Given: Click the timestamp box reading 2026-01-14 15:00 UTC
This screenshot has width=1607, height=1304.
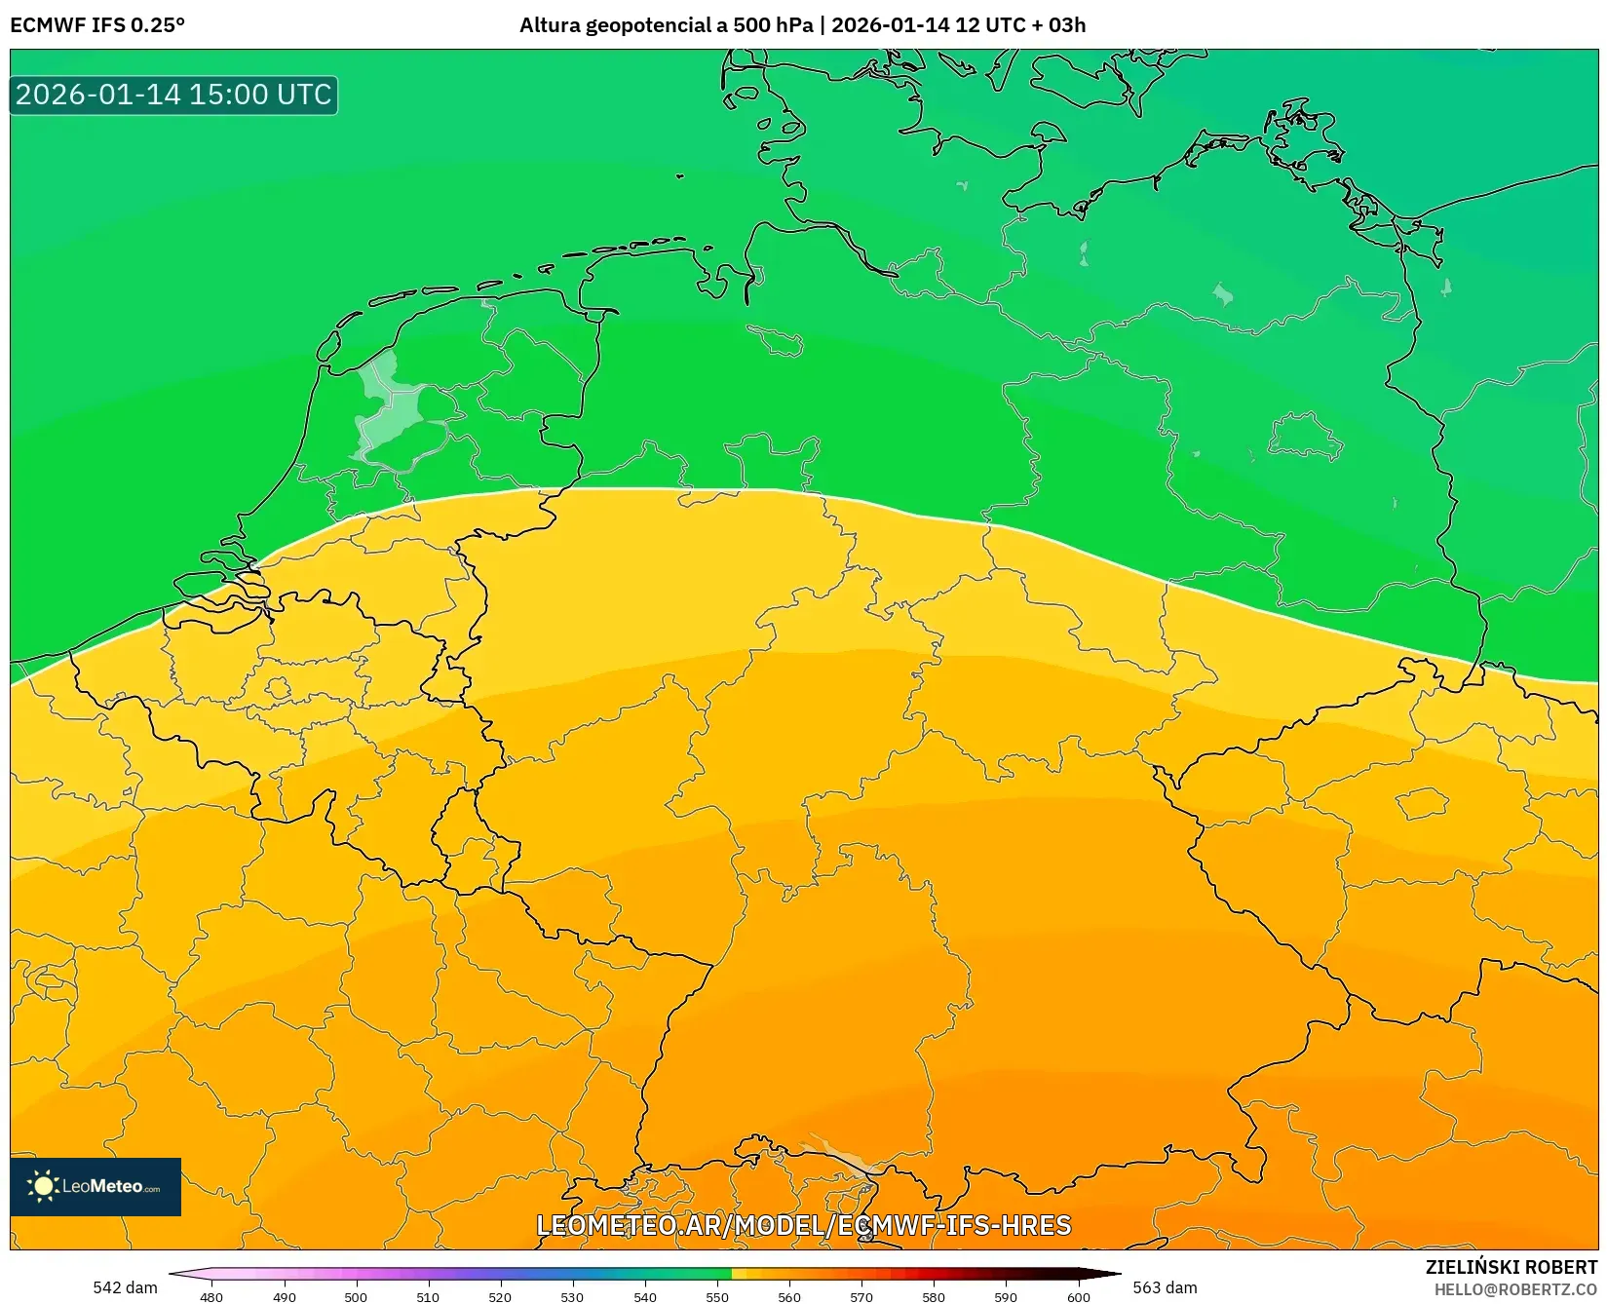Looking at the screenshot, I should [173, 95].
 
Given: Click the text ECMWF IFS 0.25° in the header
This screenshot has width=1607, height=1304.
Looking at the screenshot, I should [96, 25].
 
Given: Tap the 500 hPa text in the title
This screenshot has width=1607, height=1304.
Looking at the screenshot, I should [773, 25].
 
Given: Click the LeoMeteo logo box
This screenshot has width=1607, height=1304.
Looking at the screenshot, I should [96, 1186].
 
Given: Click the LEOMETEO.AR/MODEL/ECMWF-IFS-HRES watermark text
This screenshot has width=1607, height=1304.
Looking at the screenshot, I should [803, 1225].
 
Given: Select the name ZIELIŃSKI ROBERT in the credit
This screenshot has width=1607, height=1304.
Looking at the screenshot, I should [1511, 1267].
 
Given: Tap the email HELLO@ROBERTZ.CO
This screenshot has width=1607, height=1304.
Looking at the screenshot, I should [1515, 1289].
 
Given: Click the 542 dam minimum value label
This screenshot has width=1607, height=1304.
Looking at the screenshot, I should [125, 1287].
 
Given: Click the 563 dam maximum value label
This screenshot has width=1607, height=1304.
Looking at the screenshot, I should [1165, 1287].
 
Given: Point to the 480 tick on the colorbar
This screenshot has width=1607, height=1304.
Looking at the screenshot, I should [211, 1297].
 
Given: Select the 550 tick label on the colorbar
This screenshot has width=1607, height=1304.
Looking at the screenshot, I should [717, 1297].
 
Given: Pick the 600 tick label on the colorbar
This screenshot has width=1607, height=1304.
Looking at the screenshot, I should [1078, 1297].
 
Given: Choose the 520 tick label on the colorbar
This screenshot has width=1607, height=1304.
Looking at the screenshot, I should [500, 1297].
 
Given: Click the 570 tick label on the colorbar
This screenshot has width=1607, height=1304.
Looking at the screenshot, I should [861, 1297].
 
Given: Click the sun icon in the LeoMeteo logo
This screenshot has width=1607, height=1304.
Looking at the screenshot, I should [43, 1186].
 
